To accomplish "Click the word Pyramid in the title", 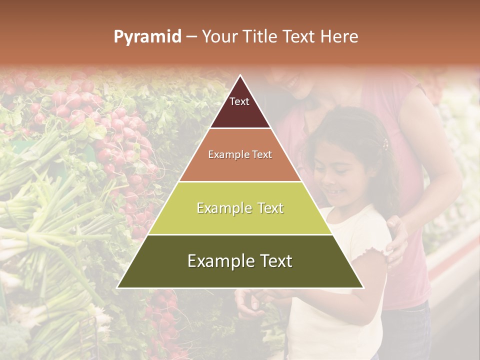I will coord(147,37).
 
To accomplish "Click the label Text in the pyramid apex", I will coord(239,101).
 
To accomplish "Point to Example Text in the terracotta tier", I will coord(240,154).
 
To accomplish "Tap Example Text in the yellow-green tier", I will coord(240,208).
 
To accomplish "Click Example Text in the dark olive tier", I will coord(240,261).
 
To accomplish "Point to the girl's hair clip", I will coord(385,145).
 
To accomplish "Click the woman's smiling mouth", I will coord(292,80).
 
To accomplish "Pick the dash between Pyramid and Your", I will coord(191,37).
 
